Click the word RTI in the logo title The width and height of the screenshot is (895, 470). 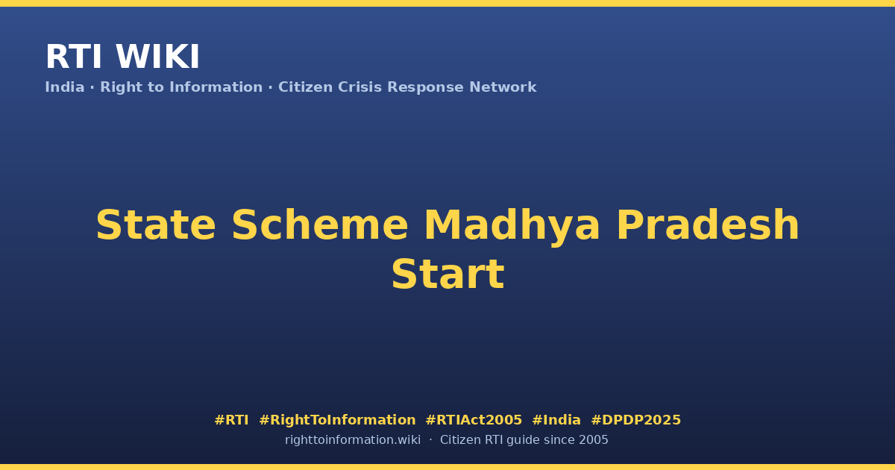click(74, 57)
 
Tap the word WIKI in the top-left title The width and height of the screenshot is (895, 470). click(157, 57)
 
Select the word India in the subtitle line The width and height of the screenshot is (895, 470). click(65, 87)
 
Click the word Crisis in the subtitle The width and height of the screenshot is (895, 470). click(360, 87)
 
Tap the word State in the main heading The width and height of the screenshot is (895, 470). click(156, 225)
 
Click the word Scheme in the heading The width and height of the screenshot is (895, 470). click(320, 225)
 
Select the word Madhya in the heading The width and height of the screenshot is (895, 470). click(512, 227)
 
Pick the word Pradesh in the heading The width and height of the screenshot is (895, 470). click(708, 225)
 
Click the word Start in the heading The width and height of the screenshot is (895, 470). click(448, 275)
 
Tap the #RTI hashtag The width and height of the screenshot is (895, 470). click(231, 420)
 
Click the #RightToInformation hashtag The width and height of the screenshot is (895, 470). click(337, 420)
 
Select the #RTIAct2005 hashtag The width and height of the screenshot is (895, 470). click(474, 420)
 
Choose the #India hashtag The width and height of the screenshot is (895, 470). click(556, 420)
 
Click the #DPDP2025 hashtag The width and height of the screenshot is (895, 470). click(635, 420)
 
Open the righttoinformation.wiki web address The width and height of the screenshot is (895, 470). click(353, 440)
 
